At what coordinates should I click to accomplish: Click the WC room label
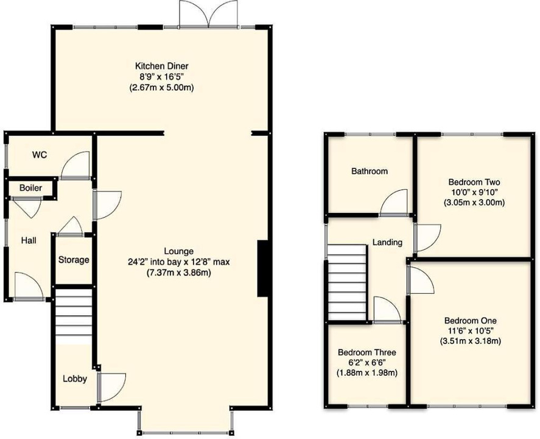(40, 155)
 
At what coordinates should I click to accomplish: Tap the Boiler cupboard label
(30, 188)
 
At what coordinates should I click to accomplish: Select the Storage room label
(74, 260)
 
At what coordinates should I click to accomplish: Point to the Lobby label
(75, 379)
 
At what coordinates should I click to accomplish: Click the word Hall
(29, 240)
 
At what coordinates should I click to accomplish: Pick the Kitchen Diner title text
(161, 65)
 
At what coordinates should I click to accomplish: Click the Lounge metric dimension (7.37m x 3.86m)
(179, 273)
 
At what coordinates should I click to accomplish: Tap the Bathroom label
(370, 171)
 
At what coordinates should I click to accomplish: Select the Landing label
(387, 243)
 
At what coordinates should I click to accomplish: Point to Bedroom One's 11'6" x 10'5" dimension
(471, 330)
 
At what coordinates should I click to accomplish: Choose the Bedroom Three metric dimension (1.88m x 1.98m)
(366, 373)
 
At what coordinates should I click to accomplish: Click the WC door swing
(75, 165)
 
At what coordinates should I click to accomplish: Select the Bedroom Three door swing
(387, 310)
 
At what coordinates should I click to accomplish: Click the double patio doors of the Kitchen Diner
(208, 14)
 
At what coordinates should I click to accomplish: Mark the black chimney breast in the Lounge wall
(262, 268)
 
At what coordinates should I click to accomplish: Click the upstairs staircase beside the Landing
(346, 283)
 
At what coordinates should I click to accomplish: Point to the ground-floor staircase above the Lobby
(74, 316)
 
